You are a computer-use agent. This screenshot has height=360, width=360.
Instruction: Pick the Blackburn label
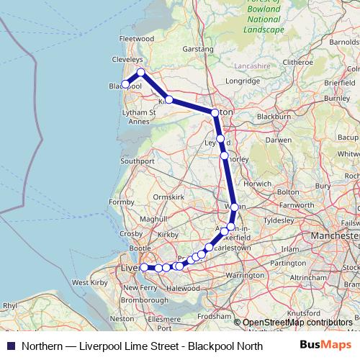point(273,115)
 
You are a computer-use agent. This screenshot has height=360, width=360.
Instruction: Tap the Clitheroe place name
point(298,62)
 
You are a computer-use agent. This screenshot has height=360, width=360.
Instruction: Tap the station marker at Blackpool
point(125,84)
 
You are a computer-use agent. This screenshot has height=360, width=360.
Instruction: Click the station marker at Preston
point(215,112)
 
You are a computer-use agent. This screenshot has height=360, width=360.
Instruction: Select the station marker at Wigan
point(234,207)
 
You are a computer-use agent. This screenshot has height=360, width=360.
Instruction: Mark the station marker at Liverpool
point(144,267)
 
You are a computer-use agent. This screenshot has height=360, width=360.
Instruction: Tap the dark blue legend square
point(11,345)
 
